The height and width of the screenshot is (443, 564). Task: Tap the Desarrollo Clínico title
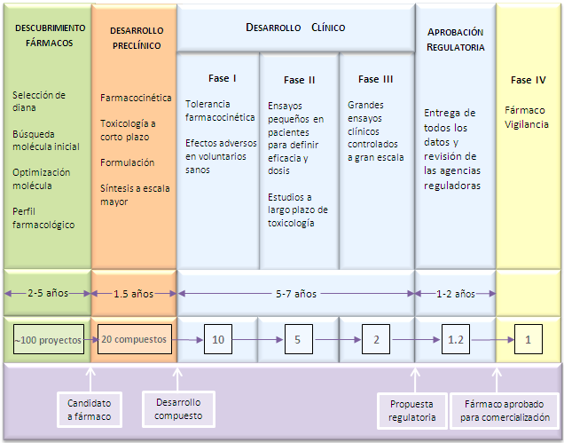295,28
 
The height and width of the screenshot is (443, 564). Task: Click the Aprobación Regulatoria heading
456,39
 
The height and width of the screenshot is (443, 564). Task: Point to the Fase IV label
529,80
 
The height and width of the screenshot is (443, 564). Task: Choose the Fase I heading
217,79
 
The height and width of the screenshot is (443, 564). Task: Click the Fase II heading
300,80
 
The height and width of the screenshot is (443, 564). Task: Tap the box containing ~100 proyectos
48,339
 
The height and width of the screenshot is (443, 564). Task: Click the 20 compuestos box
134,339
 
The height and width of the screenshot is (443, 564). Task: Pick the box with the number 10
218,339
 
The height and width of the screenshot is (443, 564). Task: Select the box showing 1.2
456,339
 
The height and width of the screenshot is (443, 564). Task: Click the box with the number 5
299,339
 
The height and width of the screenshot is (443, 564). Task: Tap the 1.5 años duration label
135,292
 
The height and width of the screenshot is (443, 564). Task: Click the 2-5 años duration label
46,292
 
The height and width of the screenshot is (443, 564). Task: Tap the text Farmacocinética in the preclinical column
137,98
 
